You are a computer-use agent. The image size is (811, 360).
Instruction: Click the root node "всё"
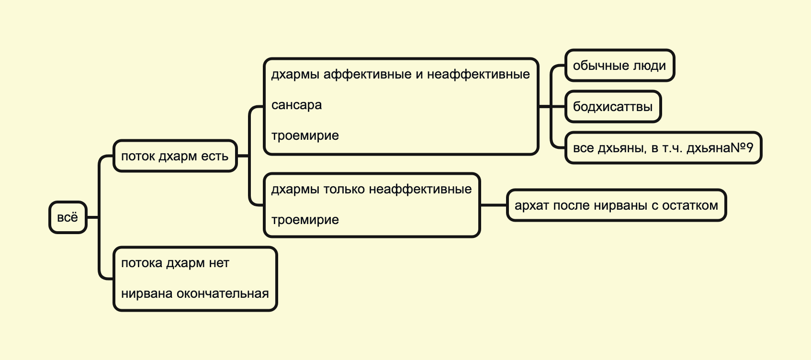(x=68, y=217)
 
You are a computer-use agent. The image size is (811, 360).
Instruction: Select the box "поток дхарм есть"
(x=175, y=156)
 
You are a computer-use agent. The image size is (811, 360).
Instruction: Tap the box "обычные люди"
(x=619, y=66)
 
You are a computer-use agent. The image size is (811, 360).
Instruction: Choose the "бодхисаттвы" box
(x=612, y=106)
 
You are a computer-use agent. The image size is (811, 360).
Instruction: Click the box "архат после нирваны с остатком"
(x=616, y=205)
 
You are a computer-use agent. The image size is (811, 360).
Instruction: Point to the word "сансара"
(x=296, y=105)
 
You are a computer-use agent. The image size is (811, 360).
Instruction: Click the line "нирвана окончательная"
(x=195, y=293)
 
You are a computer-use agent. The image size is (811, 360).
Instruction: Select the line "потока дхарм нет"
(x=175, y=263)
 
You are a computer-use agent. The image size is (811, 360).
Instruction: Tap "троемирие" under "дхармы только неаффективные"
(x=305, y=220)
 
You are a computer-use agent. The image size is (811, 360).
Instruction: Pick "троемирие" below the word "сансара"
(x=305, y=135)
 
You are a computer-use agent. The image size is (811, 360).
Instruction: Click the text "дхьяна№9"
(x=720, y=148)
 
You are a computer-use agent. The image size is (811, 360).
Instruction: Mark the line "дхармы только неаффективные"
(x=371, y=189)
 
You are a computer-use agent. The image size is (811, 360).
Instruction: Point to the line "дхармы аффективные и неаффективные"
(x=400, y=74)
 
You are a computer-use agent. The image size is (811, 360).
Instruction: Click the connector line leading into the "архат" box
(x=493, y=205)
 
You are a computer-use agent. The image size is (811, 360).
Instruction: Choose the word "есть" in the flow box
(x=214, y=156)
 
